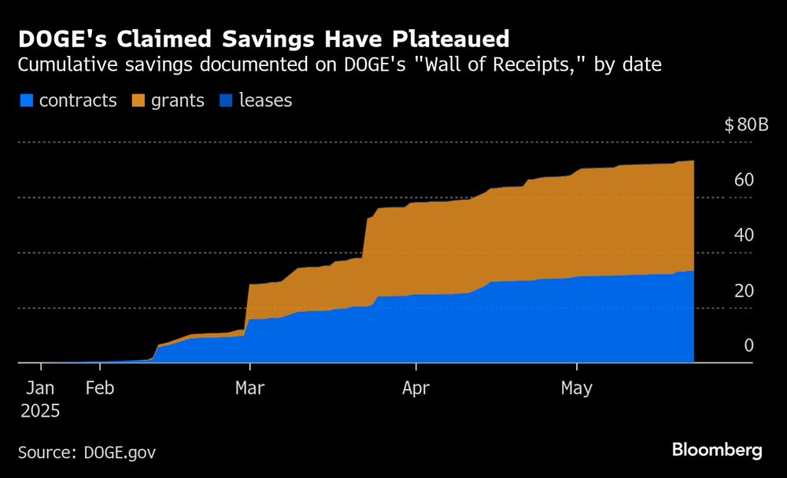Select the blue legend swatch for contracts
(x=26, y=101)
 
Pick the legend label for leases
(x=265, y=101)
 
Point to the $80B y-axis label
(x=745, y=125)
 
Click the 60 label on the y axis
(x=744, y=180)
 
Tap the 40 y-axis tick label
(x=744, y=235)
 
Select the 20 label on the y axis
(x=744, y=291)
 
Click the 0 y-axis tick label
(x=748, y=346)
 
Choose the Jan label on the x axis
(x=41, y=388)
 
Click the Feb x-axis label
(x=100, y=388)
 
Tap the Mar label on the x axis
(x=250, y=388)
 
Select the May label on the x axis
(x=577, y=388)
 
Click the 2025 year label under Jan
(x=41, y=411)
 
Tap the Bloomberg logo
(x=717, y=450)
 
